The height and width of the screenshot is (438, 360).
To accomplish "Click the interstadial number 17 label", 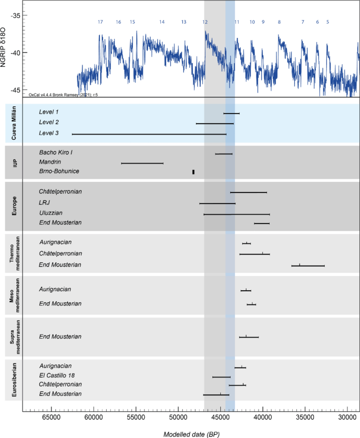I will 100,22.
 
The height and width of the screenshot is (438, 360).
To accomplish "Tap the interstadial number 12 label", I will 205,22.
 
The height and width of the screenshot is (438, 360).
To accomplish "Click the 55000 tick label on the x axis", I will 136,418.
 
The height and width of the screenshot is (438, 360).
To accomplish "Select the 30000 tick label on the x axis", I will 347,418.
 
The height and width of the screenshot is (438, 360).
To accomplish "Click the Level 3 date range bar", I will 149,135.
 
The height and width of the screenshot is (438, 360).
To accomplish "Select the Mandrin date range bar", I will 142,164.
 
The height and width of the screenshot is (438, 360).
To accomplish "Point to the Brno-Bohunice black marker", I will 193,172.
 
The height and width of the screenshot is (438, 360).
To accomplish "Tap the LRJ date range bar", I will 217,203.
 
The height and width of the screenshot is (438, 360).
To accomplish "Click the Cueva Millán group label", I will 14,123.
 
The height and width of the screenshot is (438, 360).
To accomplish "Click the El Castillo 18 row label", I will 59,375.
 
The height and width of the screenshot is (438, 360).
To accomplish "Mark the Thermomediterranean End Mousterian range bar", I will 308,266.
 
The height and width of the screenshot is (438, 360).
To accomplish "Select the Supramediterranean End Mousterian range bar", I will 249,337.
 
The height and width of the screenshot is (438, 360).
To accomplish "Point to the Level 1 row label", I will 49,113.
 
